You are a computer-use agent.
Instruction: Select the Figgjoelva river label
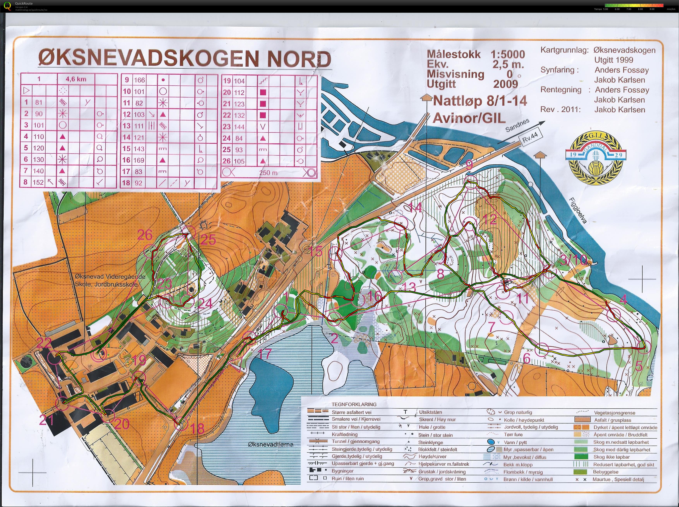[578, 210]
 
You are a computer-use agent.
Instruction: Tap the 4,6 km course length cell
[76, 79]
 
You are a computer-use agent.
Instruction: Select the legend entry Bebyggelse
[605, 472]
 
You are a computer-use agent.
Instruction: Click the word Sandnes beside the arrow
[517, 125]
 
